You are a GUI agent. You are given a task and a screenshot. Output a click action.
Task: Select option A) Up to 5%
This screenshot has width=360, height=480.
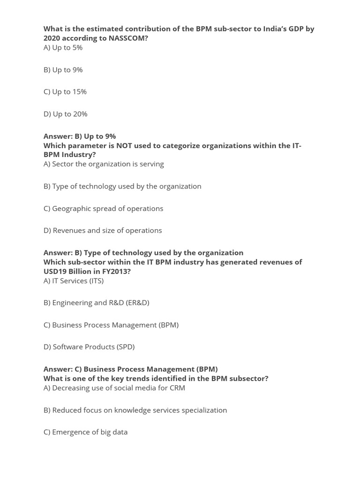click(x=63, y=47)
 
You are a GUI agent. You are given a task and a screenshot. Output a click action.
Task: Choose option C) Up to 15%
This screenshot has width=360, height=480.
click(x=65, y=91)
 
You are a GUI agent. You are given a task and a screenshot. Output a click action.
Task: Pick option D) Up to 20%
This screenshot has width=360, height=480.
click(x=65, y=114)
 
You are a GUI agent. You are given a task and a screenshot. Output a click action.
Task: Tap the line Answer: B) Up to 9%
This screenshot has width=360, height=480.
click(x=79, y=136)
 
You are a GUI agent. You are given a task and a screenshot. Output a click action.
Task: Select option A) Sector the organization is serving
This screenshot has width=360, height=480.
click(x=104, y=164)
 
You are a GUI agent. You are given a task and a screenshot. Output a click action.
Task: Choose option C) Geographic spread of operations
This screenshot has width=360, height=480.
click(x=103, y=208)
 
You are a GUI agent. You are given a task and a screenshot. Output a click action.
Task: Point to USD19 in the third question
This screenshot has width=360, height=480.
click(x=55, y=271)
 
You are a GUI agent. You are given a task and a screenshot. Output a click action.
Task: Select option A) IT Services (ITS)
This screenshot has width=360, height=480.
click(x=74, y=280)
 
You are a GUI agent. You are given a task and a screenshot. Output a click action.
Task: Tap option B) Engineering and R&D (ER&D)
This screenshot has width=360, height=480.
click(x=96, y=302)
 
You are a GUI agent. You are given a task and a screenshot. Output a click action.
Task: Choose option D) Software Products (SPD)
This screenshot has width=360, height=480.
click(x=89, y=346)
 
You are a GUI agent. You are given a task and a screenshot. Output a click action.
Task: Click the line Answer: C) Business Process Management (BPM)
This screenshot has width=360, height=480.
click(x=130, y=369)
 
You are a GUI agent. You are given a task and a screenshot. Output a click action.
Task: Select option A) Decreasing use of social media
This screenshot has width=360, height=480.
click(x=114, y=388)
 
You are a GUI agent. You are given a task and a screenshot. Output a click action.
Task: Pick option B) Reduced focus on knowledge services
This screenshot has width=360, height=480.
click(x=135, y=410)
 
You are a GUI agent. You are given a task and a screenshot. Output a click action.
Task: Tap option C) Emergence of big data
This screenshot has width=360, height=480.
click(x=85, y=432)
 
